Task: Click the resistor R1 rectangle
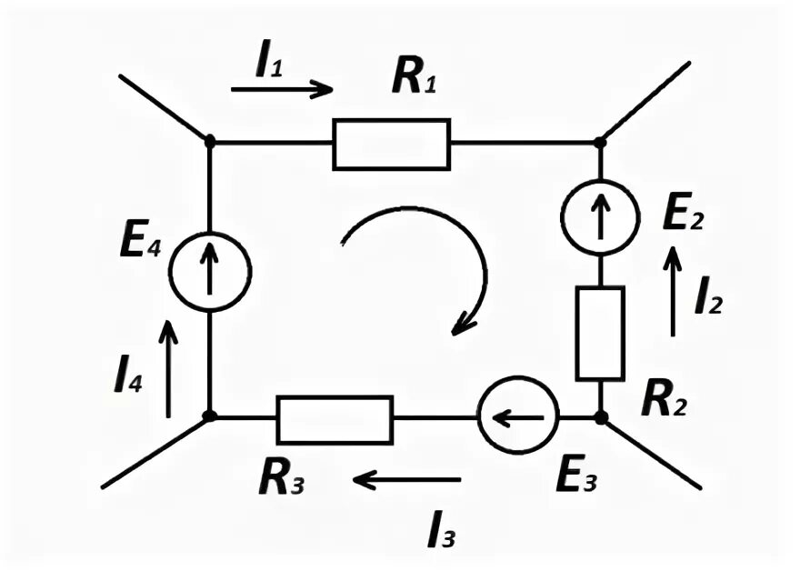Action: click(x=391, y=144)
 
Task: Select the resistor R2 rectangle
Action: click(x=600, y=333)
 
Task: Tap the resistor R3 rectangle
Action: click(x=335, y=418)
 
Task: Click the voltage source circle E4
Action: click(x=210, y=271)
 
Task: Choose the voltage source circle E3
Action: click(x=517, y=418)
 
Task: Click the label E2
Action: click(x=685, y=215)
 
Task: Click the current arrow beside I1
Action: click(x=282, y=89)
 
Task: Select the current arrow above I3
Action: click(x=407, y=478)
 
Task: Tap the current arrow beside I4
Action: click(x=168, y=368)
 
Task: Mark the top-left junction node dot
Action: click(x=210, y=142)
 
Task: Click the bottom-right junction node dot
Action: click(x=600, y=417)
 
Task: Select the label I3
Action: click(x=442, y=530)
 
